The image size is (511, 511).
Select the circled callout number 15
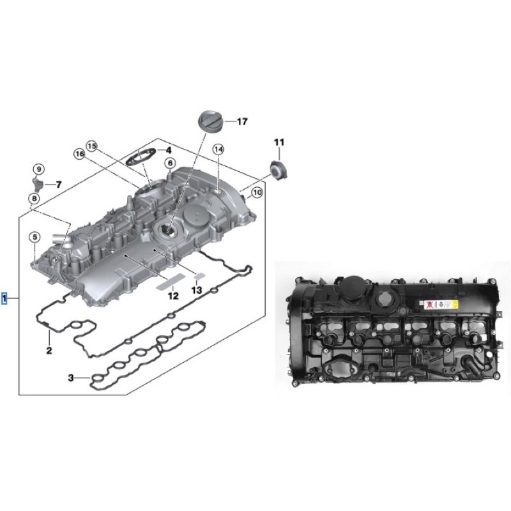92,146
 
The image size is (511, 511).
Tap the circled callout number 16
79,154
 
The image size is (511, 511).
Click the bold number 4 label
168,150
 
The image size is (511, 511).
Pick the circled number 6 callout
170,164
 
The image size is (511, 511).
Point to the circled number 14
218,149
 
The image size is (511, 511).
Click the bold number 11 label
279,142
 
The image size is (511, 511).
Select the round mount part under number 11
278,170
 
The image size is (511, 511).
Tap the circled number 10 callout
257,193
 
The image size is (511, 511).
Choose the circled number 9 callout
39,169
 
